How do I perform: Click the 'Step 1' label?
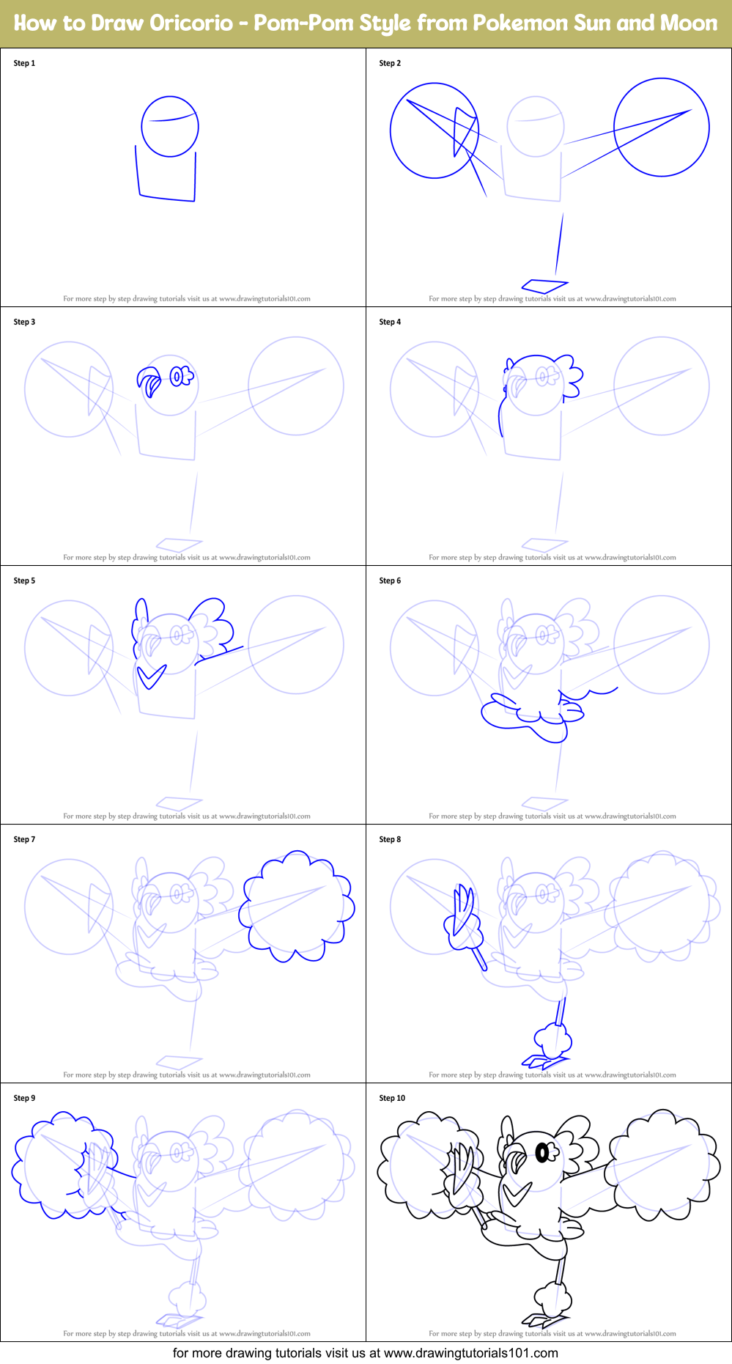(24, 63)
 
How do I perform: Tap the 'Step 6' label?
(390, 580)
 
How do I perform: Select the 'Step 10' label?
(392, 1098)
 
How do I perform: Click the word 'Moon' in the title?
(688, 23)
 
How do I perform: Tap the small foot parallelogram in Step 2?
(544, 284)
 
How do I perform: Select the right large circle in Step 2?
(661, 128)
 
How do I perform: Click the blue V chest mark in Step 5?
(152, 675)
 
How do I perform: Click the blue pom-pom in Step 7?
(297, 907)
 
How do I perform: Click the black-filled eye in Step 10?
(542, 1154)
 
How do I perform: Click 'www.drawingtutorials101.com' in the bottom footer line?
(471, 1353)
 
